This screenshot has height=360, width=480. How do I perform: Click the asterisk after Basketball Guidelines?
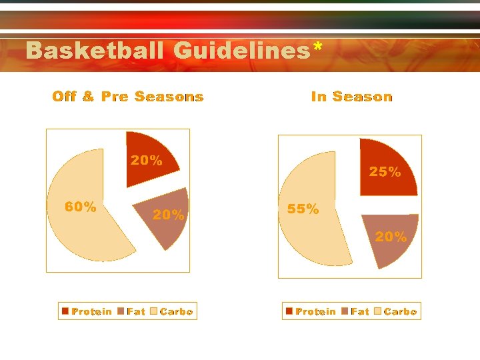(318, 47)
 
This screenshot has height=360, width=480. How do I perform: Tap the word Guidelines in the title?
(241, 51)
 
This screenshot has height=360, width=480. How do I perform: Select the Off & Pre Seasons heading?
(128, 97)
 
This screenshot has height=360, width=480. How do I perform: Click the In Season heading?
(352, 97)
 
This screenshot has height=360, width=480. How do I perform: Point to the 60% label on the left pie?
(80, 207)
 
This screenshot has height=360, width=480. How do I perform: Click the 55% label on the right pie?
(303, 209)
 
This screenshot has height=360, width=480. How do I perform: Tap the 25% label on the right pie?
(385, 172)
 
